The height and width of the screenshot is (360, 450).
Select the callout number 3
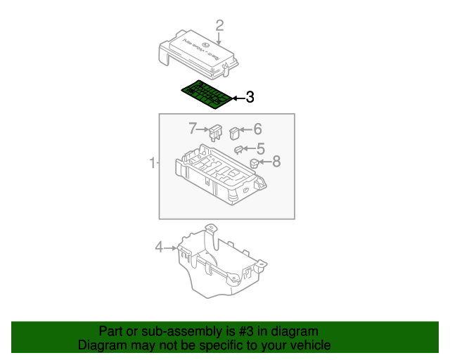pos(250,98)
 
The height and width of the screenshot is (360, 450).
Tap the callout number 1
pos(153,163)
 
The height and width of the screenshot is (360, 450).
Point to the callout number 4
pos(159,247)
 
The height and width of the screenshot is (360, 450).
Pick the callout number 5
pos(260,148)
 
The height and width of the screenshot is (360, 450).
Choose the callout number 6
pos(257,129)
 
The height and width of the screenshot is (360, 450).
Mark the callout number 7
pos(193,128)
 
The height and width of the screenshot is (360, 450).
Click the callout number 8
pos(276,162)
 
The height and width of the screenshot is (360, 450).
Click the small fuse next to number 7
pos(215,131)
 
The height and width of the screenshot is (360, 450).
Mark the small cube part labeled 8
pos(254,164)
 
